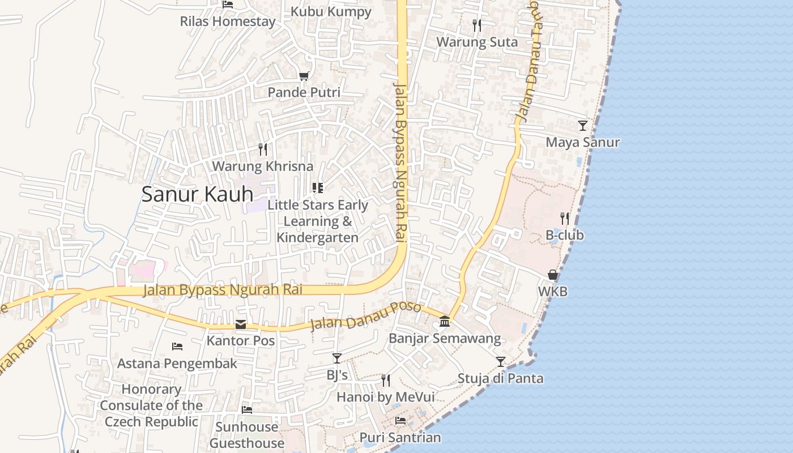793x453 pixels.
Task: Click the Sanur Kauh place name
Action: [197, 194]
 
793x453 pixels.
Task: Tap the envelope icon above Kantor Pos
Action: [241, 324]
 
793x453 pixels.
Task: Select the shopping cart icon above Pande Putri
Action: [304, 76]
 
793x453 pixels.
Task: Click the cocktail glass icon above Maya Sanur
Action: [582, 125]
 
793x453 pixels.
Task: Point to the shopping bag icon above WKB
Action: [553, 275]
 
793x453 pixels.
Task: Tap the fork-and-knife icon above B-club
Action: [564, 218]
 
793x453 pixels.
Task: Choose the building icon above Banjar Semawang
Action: [445, 322]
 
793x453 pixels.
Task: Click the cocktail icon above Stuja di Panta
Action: [500, 361]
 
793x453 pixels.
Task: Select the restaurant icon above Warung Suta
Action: [477, 25]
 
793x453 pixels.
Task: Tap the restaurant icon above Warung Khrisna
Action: [263, 149]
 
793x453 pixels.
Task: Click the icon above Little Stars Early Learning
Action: [318, 188]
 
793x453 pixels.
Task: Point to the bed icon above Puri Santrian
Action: [400, 421]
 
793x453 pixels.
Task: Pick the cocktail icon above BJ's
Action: [337, 358]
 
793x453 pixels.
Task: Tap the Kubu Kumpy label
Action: [331, 12]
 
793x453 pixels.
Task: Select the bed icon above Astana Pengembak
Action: [177, 346]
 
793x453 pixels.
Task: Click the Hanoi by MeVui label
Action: [385, 397]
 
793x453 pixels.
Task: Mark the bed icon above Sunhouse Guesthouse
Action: [247, 409]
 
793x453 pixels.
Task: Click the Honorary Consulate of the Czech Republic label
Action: [151, 405]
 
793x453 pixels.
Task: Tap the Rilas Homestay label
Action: [228, 22]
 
